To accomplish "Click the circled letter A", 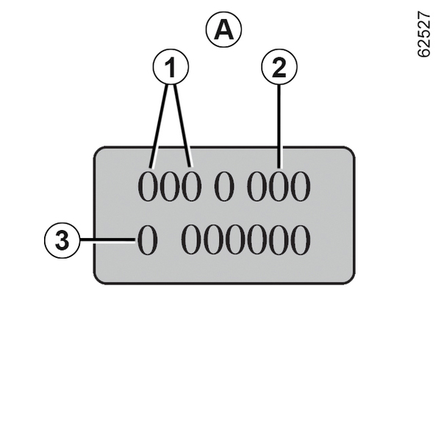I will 223,30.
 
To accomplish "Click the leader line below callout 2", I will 279,125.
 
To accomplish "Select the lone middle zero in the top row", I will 224,188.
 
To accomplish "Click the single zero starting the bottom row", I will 147,240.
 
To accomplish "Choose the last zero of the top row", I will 300,188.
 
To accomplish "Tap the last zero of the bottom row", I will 300,240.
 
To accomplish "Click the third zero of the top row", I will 192,188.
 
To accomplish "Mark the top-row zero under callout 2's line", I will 279,188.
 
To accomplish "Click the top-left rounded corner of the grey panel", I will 101,153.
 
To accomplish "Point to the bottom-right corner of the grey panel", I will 348,277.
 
